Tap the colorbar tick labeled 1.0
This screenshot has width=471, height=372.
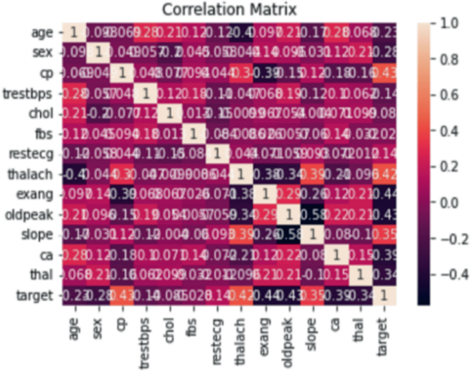[x=446, y=22]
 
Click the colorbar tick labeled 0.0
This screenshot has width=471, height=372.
[x=446, y=201]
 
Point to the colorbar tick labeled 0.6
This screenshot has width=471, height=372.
[x=446, y=94]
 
